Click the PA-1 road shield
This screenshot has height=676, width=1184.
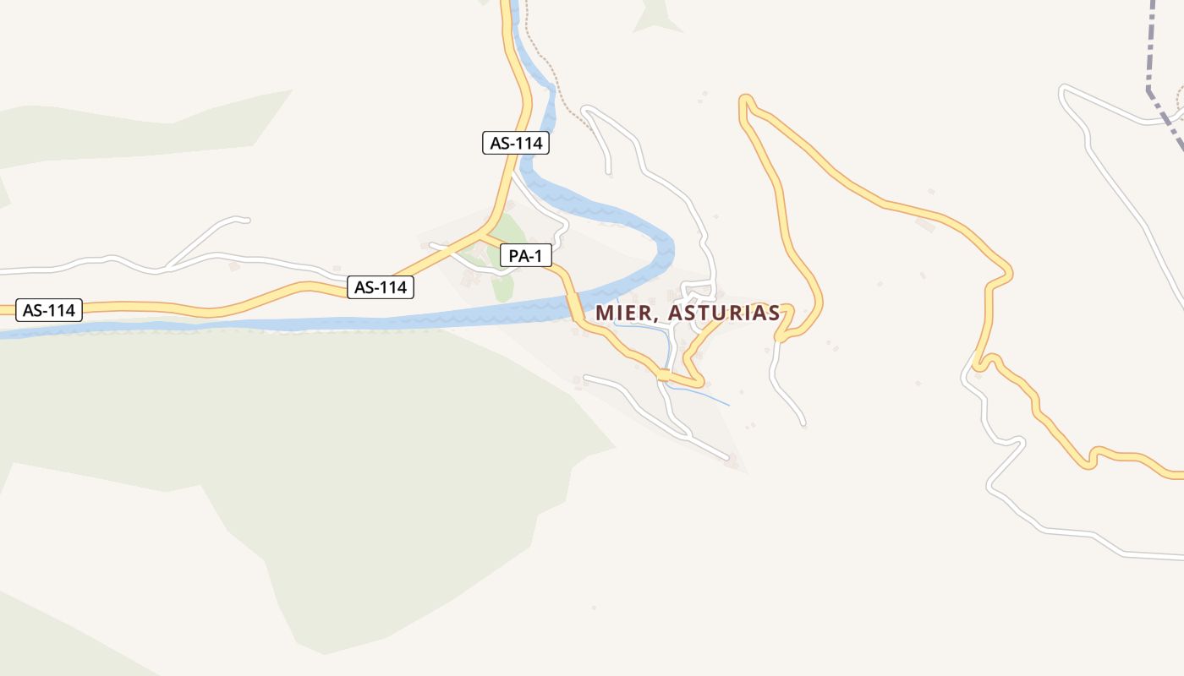(x=525, y=256)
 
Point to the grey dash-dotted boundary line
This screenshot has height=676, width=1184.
(x=1151, y=51)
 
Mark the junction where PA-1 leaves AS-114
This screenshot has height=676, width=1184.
(x=485, y=232)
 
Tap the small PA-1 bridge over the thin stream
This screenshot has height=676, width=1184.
(x=665, y=374)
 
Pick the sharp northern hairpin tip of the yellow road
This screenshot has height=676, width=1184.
(x=745, y=101)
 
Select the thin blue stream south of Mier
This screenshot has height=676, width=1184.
(x=706, y=395)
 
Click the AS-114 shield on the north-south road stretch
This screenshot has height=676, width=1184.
(x=516, y=143)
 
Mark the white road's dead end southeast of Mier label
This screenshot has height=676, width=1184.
(x=803, y=422)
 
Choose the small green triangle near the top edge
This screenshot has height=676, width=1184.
(x=657, y=17)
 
